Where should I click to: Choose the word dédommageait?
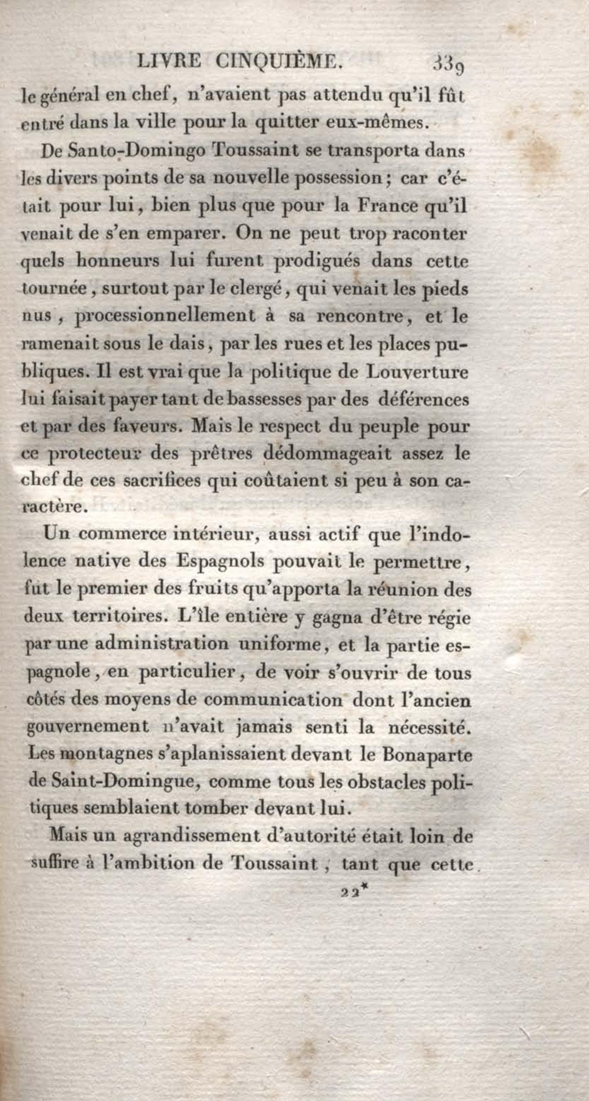click(327, 453)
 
